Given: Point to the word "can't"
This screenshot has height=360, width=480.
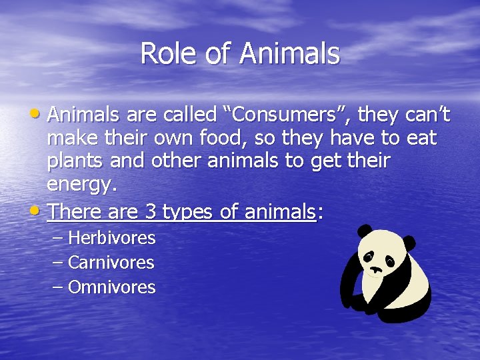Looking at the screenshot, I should (428, 115).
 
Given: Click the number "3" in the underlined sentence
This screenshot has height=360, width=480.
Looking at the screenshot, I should (151, 212).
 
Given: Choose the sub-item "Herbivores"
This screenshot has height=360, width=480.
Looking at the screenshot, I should (111, 238).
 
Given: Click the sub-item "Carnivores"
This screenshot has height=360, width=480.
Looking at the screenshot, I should (111, 263).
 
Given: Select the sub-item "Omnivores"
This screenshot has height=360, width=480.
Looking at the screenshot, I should (111, 287).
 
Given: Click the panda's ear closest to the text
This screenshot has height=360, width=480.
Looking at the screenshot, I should (364, 231).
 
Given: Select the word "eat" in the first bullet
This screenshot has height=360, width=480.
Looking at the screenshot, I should (423, 139).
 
